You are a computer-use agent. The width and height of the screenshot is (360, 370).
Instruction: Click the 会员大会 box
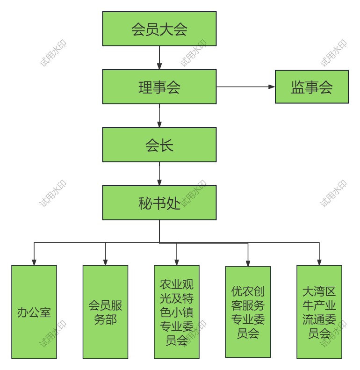point(159,29)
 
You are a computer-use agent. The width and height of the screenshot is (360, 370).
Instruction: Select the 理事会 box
point(159,87)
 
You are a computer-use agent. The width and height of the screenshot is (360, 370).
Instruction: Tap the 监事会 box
point(311,87)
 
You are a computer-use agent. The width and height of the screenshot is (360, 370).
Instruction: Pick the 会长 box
point(159,145)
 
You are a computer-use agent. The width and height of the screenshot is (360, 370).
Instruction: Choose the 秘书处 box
point(159,203)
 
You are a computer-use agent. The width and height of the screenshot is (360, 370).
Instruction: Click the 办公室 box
point(34,312)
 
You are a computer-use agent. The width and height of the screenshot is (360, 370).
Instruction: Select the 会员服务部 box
point(105,312)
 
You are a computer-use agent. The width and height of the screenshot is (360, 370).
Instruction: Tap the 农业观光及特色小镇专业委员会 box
point(177,312)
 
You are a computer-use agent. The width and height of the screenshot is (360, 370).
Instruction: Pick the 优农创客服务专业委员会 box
point(248,312)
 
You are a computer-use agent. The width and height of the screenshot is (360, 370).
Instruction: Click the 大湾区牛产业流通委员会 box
point(319,312)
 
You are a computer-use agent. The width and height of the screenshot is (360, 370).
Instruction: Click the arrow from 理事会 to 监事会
point(245,87)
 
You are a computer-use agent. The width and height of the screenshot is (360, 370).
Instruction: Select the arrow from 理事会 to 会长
point(159,116)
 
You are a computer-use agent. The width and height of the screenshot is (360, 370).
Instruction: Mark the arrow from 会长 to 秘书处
point(159,174)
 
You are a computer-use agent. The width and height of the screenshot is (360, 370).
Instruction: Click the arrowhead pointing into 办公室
point(34,262)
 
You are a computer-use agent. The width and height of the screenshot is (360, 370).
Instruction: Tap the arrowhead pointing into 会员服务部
point(105,262)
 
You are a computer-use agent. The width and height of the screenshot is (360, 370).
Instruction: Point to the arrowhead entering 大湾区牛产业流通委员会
point(319,262)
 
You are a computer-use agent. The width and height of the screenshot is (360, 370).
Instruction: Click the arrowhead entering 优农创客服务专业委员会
point(248,263)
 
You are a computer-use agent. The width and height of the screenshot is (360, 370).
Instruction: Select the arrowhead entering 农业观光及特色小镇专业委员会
point(177,262)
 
